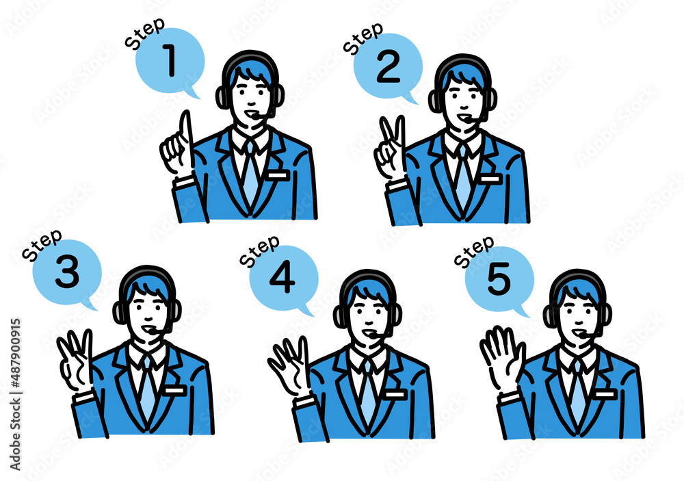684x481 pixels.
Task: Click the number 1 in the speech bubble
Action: coord(170,60)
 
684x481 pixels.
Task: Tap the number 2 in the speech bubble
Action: coord(388,67)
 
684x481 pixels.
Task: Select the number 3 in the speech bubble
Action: coord(67,272)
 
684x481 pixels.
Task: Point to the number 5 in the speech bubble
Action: coord(499,278)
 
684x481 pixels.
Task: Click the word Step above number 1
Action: coord(145,33)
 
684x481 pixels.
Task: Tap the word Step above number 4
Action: coord(259,251)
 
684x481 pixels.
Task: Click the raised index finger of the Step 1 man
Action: coord(185,131)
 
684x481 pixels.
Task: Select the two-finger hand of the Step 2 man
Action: coord(391,148)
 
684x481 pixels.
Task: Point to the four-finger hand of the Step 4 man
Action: coord(289,365)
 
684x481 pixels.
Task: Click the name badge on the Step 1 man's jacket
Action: coord(278,175)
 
